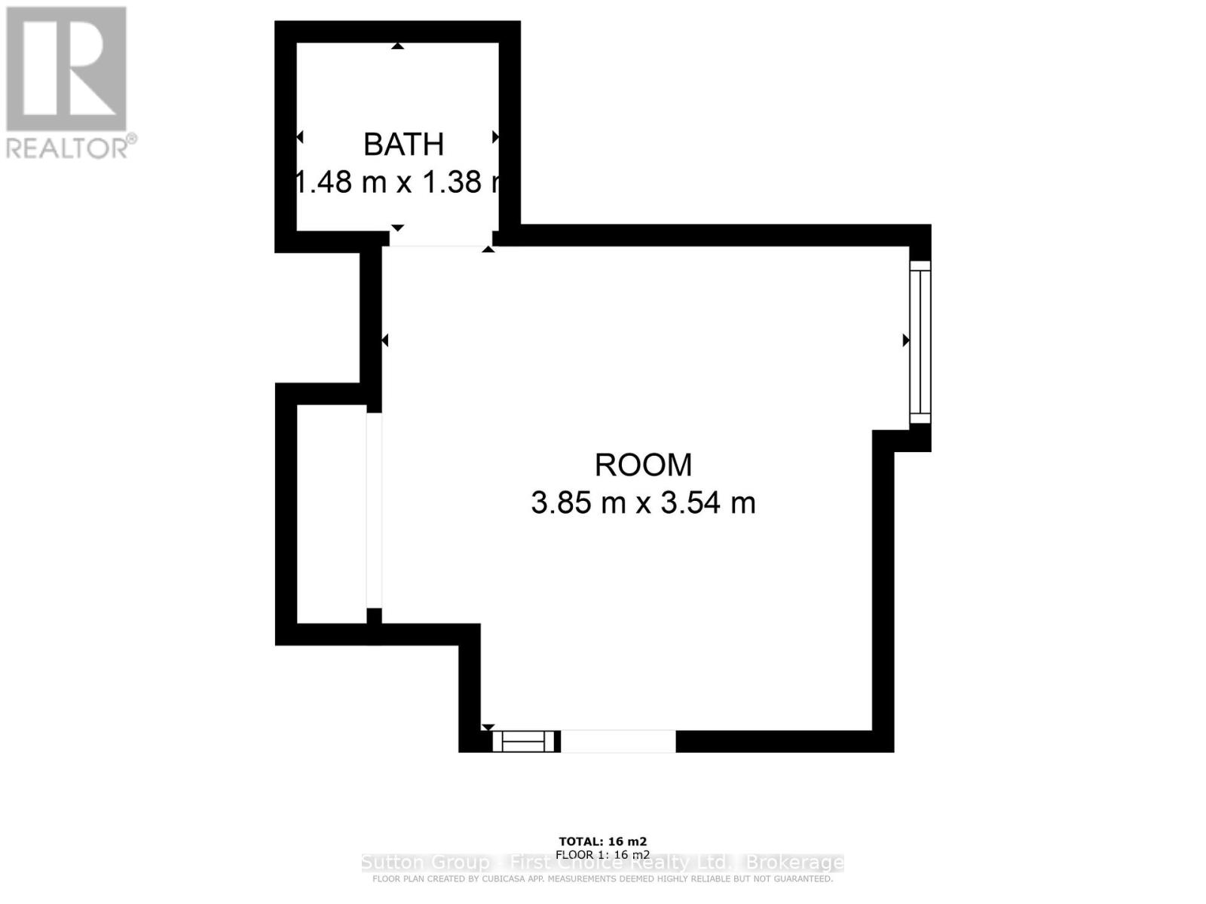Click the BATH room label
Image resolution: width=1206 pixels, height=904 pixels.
coord(403,145)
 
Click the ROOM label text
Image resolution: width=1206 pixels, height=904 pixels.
coord(643,465)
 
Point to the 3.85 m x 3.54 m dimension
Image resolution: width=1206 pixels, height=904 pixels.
coord(643,502)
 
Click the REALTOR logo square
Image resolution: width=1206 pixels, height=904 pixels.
coord(66,69)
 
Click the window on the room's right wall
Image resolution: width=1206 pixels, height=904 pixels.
coord(920,342)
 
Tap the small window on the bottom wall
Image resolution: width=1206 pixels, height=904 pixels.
coord(523,741)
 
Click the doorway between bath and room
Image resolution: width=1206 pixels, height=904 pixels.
coord(437,240)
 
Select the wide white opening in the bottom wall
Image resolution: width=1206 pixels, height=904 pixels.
coord(618,741)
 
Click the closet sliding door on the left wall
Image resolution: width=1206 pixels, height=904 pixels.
coord(374,510)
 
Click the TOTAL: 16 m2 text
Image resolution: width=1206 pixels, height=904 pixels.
coord(602,841)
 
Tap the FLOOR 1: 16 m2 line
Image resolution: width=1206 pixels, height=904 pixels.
coord(602,854)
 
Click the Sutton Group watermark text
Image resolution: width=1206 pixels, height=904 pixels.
coord(602,863)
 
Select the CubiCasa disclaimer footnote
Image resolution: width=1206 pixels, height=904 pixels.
coord(602,878)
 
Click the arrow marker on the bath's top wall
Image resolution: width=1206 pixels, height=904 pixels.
coord(397,47)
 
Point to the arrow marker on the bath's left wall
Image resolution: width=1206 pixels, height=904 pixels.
coord(299,137)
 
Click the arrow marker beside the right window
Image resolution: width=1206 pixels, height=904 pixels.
coord(906,341)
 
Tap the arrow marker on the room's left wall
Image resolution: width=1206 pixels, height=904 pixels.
coord(384,341)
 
